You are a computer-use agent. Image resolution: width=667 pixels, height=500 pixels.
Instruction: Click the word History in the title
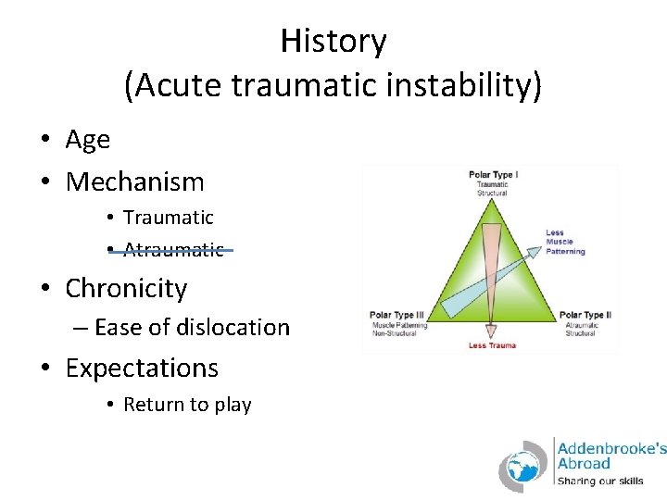[x=333, y=42]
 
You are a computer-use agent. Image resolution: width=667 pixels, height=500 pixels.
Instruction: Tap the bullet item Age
[x=88, y=140]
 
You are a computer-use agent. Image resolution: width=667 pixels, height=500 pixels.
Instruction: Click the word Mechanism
[x=134, y=181]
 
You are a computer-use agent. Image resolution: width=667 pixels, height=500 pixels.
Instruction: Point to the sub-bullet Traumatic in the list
[x=168, y=218]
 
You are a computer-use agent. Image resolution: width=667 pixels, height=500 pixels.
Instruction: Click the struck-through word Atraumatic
[x=173, y=250]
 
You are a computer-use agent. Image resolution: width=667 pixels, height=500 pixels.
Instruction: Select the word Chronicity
[x=126, y=288]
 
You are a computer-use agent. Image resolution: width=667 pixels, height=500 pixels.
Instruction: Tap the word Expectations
[x=142, y=368]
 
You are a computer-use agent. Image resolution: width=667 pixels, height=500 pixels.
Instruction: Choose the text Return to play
[x=187, y=405]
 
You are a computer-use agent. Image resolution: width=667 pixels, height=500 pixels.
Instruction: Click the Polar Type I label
[x=493, y=174]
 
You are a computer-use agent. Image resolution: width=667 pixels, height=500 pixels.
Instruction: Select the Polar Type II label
[x=585, y=316]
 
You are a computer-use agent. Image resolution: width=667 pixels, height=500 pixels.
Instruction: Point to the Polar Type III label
[x=396, y=316]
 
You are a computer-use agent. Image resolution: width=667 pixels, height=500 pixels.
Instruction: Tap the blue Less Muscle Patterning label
[x=565, y=243]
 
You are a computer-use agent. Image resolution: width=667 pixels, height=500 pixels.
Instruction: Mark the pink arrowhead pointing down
[x=492, y=329]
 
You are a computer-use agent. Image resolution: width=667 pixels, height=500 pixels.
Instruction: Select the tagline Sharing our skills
[x=598, y=481]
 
